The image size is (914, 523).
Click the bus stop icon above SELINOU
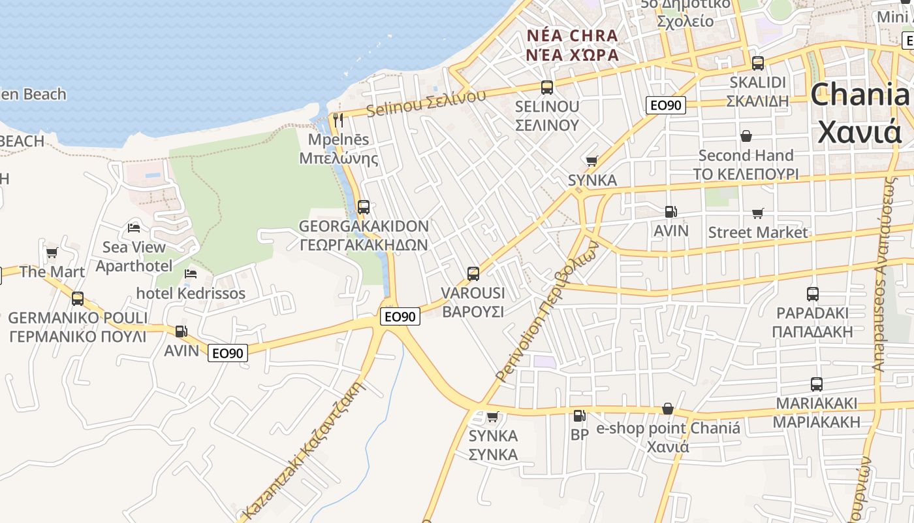coord(547,87)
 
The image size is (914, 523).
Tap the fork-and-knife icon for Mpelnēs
coord(338,120)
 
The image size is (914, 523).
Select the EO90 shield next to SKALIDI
coord(665,105)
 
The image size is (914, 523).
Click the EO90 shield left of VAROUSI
coord(400,316)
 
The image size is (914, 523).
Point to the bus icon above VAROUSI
coord(473,274)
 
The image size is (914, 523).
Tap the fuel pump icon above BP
coord(579,416)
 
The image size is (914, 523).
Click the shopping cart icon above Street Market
coord(758,213)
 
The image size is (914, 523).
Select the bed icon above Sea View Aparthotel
coord(134,228)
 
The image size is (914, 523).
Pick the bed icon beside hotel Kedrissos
coord(191,273)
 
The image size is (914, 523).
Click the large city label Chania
coord(860,95)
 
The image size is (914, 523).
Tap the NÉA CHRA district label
coord(572,35)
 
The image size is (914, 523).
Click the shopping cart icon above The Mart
coord(52,252)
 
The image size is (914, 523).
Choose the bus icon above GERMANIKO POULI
coord(78,299)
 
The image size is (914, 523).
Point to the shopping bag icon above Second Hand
coord(746,136)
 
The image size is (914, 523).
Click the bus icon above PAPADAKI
coord(812,294)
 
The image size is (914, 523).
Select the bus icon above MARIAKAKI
coord(816,384)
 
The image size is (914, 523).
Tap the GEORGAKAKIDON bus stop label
coord(364,226)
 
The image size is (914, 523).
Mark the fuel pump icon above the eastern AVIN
coord(670,212)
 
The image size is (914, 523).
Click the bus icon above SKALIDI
coord(757,63)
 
